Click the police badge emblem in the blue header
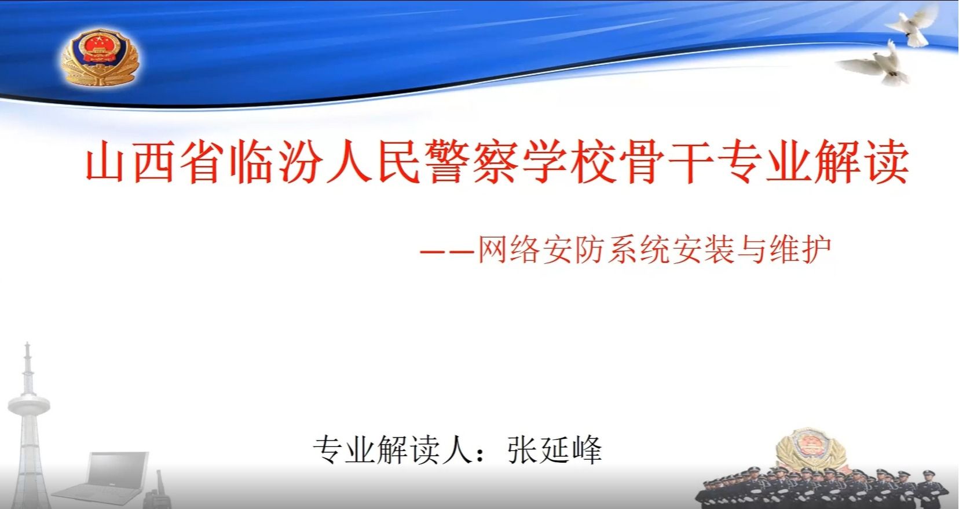click(x=100, y=57)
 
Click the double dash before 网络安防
click(x=447, y=252)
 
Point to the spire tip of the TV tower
click(x=27, y=343)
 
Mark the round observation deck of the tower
click(x=29, y=405)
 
